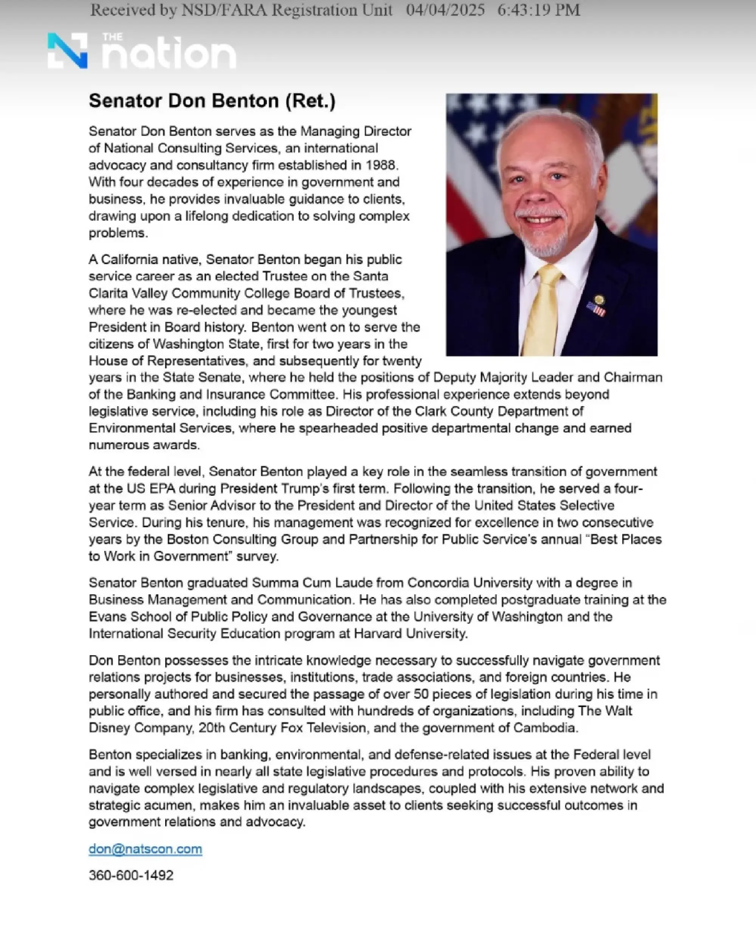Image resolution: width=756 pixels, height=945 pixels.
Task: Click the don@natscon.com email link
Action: click(x=145, y=849)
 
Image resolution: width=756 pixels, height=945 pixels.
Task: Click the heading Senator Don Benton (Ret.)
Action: click(x=212, y=101)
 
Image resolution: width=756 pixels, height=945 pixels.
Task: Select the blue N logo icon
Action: click(x=68, y=51)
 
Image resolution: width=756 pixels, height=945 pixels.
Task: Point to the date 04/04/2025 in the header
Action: click(x=445, y=10)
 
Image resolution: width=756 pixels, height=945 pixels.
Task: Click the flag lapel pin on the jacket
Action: click(x=596, y=308)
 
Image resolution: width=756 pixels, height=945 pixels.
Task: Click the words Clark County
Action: click(x=455, y=411)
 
